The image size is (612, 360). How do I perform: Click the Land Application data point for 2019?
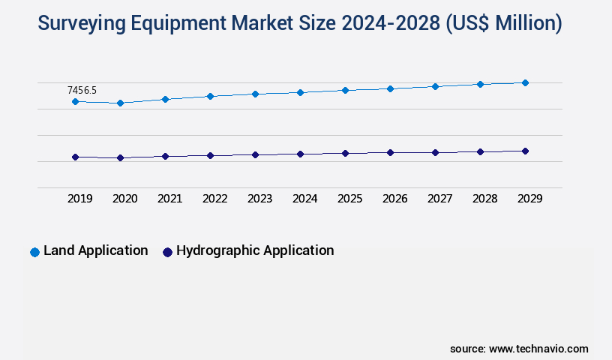75,101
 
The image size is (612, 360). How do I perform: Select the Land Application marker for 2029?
525,82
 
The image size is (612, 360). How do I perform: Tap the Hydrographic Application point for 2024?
300,154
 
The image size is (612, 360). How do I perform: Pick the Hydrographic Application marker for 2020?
120,158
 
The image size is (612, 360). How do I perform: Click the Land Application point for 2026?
390,88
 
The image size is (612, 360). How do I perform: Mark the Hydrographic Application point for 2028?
480,151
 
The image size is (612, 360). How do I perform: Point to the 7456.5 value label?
82,90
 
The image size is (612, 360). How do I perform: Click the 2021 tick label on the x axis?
169,199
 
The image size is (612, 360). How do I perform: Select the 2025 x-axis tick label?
349,199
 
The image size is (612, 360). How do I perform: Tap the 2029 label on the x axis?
529,199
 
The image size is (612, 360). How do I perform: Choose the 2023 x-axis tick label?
259,199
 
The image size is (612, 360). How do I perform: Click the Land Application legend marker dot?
34,252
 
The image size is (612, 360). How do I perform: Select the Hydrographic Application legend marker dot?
167,252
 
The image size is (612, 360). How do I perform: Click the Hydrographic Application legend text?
255,250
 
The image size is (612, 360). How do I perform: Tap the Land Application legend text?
95,250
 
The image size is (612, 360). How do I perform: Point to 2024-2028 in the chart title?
390,24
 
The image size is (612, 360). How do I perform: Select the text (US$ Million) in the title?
503,24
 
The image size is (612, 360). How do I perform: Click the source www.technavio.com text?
519,349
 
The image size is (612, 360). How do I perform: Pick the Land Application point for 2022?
210,96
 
